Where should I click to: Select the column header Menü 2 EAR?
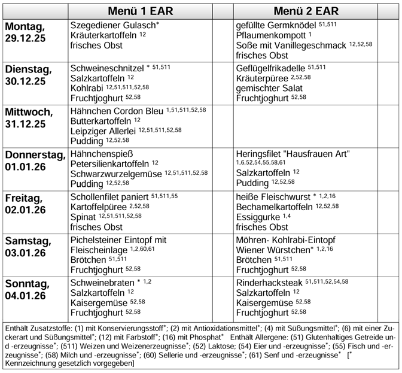(306, 11)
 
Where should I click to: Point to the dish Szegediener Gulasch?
(113, 26)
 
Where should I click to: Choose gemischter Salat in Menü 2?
(269, 87)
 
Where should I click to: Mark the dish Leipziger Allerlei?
(103, 131)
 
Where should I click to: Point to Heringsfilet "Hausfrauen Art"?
(293, 153)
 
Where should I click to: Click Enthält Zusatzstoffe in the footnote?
(36, 329)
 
